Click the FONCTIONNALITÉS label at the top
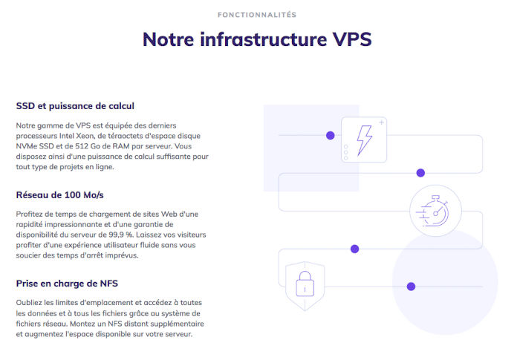click(256, 15)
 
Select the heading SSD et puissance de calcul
click(75, 106)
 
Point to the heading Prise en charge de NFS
click(68, 284)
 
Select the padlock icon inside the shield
click(303, 283)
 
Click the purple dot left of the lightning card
click(331, 136)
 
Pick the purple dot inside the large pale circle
click(411, 287)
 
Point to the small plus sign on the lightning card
click(381, 122)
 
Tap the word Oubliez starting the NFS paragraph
click(30, 303)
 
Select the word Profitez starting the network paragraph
click(30, 214)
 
